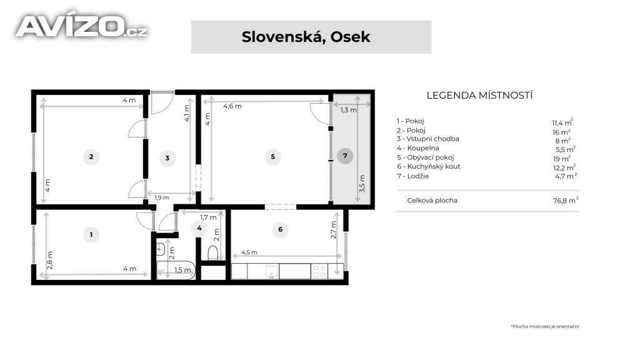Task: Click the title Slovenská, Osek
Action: (306, 37)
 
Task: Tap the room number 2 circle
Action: (91, 157)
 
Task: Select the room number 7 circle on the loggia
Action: (345, 156)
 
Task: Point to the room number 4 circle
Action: (199, 228)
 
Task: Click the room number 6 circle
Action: (281, 229)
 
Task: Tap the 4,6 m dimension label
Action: (232, 106)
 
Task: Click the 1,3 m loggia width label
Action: (349, 110)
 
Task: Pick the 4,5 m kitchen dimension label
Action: (249, 252)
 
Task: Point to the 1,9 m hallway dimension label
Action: (162, 197)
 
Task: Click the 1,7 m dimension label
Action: (208, 217)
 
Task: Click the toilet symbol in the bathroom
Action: (213, 252)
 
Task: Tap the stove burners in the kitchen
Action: (319, 271)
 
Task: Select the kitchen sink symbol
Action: (271, 271)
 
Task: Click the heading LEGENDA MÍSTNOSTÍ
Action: (479, 96)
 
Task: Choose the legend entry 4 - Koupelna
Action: (418, 148)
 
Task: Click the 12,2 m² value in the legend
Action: (564, 167)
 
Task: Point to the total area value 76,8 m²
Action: (566, 200)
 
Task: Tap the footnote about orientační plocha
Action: (545, 326)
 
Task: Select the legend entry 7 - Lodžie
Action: (413, 176)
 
